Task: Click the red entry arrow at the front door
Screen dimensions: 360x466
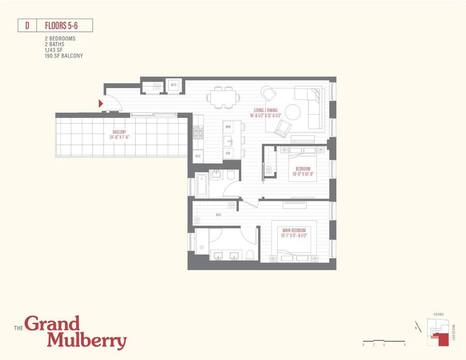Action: click(101, 103)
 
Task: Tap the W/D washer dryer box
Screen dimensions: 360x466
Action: click(174, 85)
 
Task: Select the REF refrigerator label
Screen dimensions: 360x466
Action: click(198, 156)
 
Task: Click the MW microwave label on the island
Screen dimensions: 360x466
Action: click(228, 127)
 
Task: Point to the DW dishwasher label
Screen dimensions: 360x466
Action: click(228, 153)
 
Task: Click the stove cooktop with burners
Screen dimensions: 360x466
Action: click(198, 134)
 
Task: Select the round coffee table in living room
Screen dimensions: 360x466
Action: click(292, 112)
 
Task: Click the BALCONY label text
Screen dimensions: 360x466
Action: click(120, 132)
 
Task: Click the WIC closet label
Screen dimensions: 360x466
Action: click(219, 215)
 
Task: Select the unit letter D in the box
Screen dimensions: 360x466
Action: click(27, 26)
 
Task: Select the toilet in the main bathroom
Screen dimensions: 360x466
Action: click(250, 255)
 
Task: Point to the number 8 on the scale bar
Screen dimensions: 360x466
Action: click(405, 345)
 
